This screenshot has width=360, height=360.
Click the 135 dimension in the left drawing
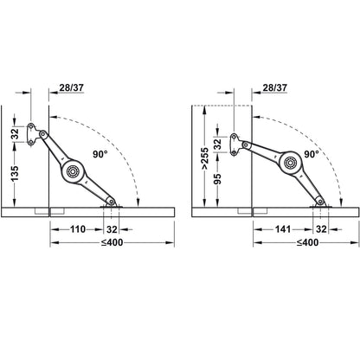coord(15,173)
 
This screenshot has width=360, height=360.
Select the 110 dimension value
coord(78,229)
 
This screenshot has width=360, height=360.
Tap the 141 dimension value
coord(283,229)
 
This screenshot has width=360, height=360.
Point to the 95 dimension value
coord(218,179)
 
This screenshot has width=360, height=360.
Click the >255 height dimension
coord(204,158)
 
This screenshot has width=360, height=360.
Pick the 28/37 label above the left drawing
coord(72,87)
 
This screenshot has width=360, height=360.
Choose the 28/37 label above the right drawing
coord(275,87)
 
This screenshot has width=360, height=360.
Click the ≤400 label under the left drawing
coord(112,242)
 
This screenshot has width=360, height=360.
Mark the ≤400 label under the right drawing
coord(307,242)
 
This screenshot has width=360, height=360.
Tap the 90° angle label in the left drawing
coord(100,154)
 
